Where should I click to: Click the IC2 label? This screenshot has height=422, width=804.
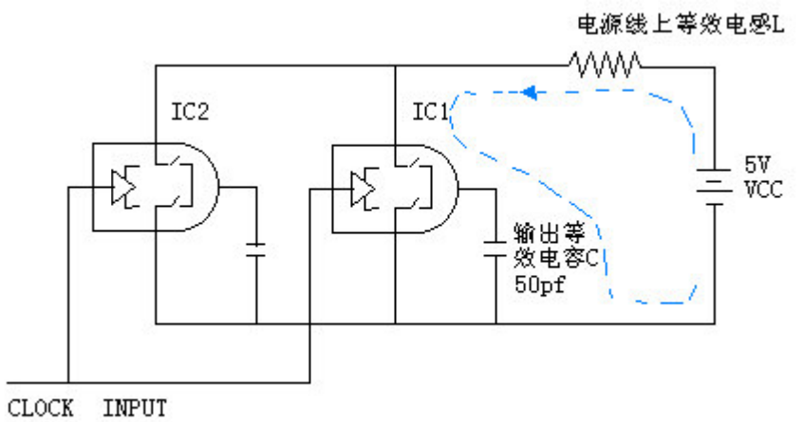tap(189, 112)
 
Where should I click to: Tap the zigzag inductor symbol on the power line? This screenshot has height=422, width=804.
tap(606, 64)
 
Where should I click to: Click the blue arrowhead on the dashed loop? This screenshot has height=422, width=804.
tap(532, 93)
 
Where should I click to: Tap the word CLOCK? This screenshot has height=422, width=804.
tap(40, 408)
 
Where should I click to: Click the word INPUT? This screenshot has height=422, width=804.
tap(135, 408)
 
